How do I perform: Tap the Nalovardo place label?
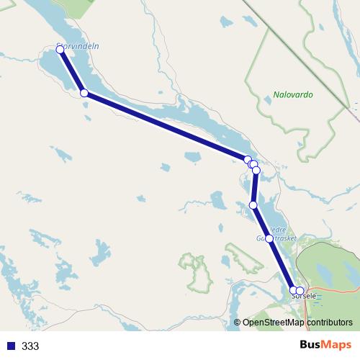pos(293,94)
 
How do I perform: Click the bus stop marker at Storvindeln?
pos(60,50)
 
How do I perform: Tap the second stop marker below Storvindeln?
pos(84,93)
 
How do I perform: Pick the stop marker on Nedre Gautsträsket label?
pos(269,238)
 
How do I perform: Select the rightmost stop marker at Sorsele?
pos(300,291)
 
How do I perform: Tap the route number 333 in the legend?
pos(30,346)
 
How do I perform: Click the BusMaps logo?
pos(321,345)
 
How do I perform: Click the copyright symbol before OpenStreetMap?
pos(237,323)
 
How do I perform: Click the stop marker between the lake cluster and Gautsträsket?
pos(253,205)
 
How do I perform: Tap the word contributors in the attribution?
pos(328,323)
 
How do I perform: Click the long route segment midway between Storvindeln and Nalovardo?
pos(166,127)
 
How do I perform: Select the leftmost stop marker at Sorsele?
pos(293,291)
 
